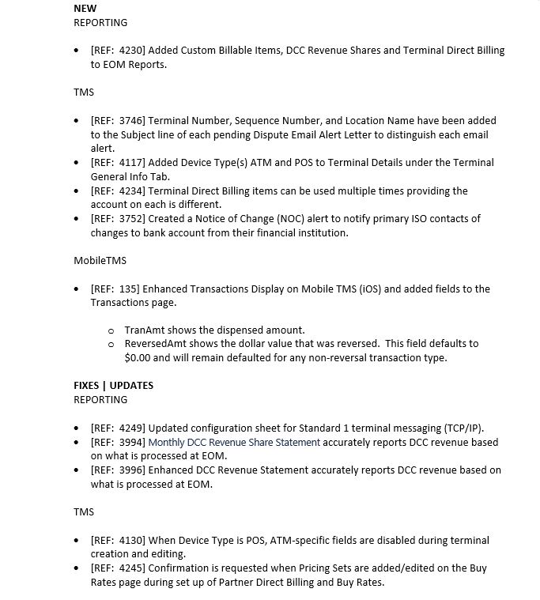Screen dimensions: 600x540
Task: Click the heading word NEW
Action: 85,8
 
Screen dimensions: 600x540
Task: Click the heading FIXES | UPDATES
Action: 114,386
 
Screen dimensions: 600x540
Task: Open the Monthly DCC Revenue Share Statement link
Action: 234,443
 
